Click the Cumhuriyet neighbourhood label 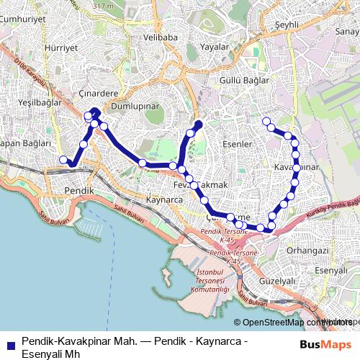(23, 20)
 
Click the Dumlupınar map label (135, 105)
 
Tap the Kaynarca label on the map (163, 199)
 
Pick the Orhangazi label (307, 250)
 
